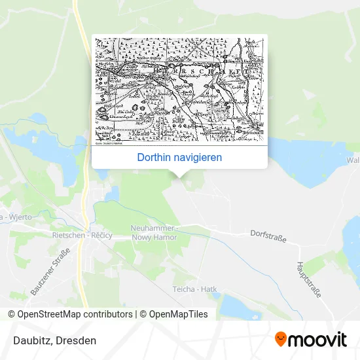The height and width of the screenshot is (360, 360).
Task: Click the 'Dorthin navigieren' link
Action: pyautogui.click(x=179, y=158)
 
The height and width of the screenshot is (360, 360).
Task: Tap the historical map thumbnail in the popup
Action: pyautogui.click(x=179, y=90)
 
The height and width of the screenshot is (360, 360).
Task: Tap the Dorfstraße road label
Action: pyautogui.click(x=268, y=236)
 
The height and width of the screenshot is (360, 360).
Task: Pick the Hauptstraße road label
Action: pyautogui.click(x=309, y=281)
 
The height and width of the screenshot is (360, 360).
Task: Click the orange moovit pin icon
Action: pyautogui.click(x=281, y=340)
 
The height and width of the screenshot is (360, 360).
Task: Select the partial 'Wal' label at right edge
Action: pyautogui.click(x=353, y=160)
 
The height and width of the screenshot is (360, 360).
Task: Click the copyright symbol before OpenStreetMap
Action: pyautogui.click(x=12, y=314)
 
